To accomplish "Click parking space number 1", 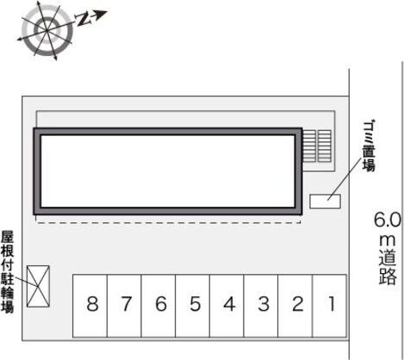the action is click(329, 306).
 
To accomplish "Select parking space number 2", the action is click(295, 306).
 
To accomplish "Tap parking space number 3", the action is click(261, 306).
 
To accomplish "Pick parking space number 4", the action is click(227, 306).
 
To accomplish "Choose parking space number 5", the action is click(193, 306).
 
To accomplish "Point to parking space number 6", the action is click(158, 306).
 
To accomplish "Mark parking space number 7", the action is click(124, 306).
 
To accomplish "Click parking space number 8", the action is click(90, 306).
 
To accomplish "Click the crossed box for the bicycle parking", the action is click(38, 286).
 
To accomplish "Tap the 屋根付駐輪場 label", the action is click(7, 271).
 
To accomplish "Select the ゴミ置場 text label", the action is click(369, 146).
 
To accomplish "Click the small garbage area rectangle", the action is click(325, 202).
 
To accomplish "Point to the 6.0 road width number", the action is click(387, 220).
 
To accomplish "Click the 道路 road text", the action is click(388, 268).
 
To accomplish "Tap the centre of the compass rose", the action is click(47, 30).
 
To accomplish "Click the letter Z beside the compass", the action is click(82, 19).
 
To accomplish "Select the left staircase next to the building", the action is click(309, 146).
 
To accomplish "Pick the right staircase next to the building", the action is click(325, 146).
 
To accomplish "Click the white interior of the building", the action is click(168, 171).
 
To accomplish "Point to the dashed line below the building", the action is click(168, 222).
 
